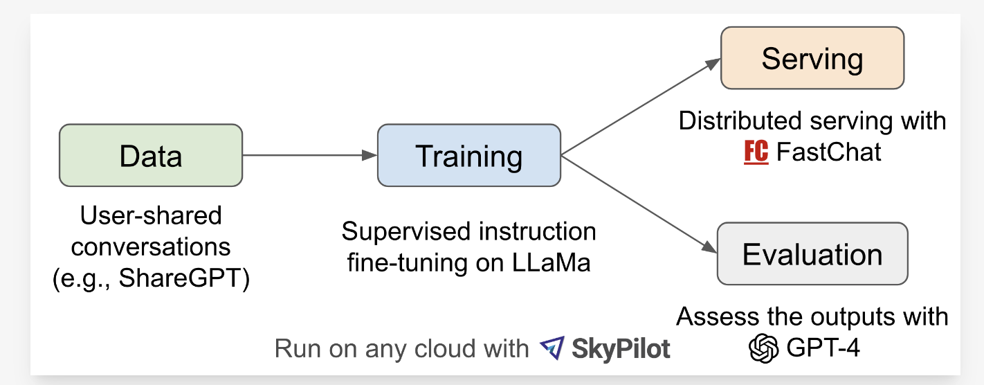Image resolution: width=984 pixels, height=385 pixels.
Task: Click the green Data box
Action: click(151, 155)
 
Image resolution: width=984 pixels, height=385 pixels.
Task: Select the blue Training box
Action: click(468, 155)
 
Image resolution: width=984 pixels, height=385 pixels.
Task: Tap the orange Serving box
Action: click(812, 58)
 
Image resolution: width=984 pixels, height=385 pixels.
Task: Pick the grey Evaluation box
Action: click(812, 253)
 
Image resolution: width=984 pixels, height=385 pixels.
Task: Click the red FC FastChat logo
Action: click(756, 152)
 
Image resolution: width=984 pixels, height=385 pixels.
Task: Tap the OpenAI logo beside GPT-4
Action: click(764, 347)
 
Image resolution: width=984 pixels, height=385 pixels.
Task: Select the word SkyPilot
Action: click(621, 348)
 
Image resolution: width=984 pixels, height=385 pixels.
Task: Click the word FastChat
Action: click(829, 152)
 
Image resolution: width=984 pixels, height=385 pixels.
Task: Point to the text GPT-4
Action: click(823, 348)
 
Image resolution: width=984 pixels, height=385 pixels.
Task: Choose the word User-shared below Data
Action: click(151, 216)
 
